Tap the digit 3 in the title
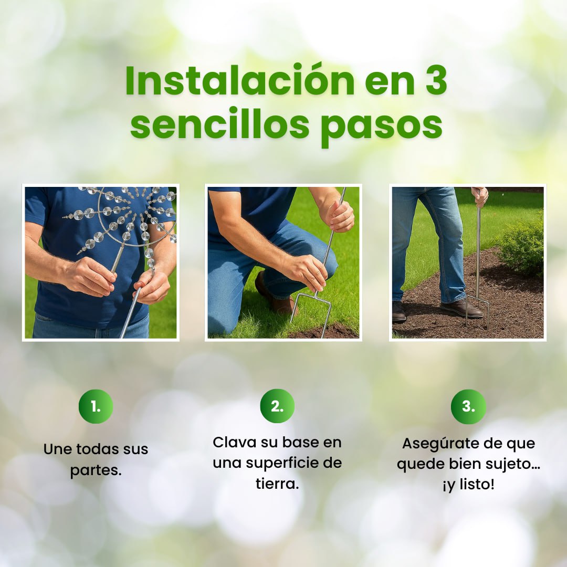click(x=434, y=81)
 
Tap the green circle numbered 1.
click(x=96, y=406)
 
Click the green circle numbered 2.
click(x=277, y=406)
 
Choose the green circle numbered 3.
click(x=468, y=406)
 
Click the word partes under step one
click(x=96, y=470)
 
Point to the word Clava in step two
click(x=234, y=442)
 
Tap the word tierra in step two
click(x=277, y=484)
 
